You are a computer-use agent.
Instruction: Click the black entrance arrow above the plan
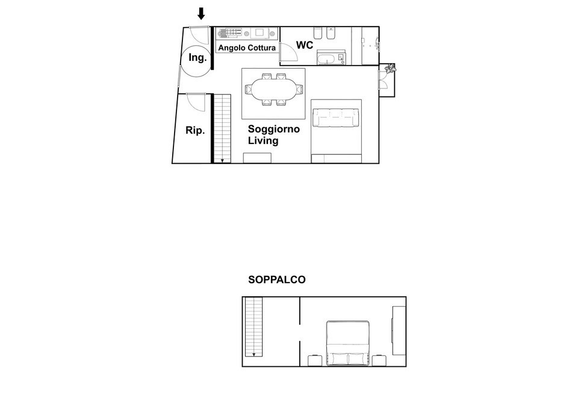click(x=201, y=13)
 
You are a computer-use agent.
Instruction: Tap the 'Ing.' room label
click(x=198, y=58)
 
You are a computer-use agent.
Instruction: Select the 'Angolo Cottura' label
click(x=247, y=48)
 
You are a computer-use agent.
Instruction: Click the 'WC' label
click(x=304, y=45)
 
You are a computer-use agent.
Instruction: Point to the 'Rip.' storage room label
click(x=194, y=130)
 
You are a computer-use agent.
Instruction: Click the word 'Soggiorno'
click(x=274, y=129)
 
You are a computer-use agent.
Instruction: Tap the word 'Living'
click(x=264, y=141)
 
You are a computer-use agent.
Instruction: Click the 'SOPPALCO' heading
click(x=277, y=280)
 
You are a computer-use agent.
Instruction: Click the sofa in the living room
click(x=336, y=118)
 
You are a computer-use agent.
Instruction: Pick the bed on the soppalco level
click(x=347, y=343)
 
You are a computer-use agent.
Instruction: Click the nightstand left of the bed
click(x=315, y=361)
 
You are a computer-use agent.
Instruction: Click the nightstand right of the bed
click(x=379, y=361)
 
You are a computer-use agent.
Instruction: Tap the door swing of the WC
click(x=289, y=54)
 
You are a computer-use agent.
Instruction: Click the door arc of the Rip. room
click(x=196, y=102)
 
